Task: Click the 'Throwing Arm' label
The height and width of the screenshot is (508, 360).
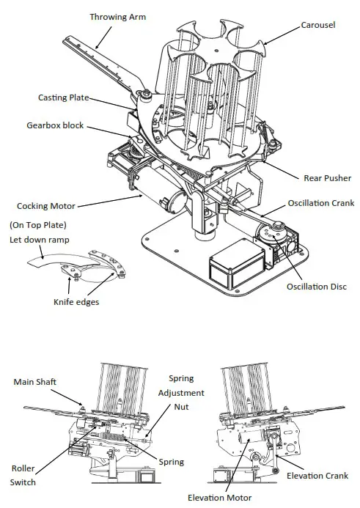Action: click(x=114, y=16)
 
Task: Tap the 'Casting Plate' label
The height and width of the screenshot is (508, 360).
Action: click(x=64, y=97)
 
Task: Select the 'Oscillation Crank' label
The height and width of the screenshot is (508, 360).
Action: click(x=320, y=203)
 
